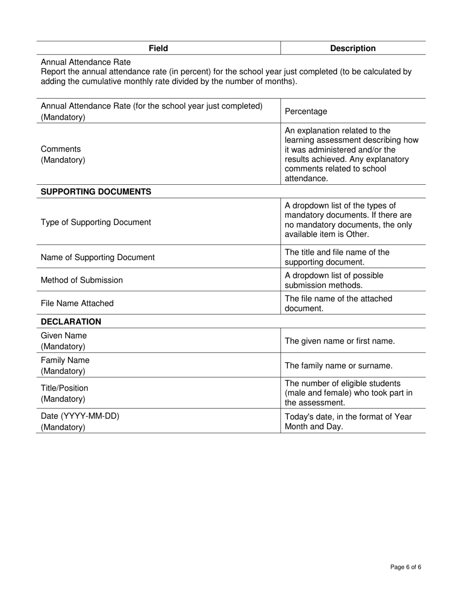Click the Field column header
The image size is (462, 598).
tap(158, 48)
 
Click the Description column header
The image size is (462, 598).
tap(353, 48)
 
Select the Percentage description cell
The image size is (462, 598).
tap(306, 111)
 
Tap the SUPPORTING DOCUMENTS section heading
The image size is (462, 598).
tap(96, 192)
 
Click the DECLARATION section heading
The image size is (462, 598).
tap(71, 322)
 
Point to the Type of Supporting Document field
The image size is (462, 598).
tap(96, 222)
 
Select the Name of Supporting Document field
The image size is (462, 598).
tap(98, 257)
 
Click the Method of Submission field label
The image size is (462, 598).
tap(82, 280)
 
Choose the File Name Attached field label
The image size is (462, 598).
tap(77, 303)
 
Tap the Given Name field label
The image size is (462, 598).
tap(64, 336)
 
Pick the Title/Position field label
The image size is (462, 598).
tap(65, 388)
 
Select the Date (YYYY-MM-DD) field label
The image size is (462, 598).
tap(80, 416)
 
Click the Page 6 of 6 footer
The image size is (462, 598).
tap(406, 567)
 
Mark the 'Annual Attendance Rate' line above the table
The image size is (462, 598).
tap(86, 62)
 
